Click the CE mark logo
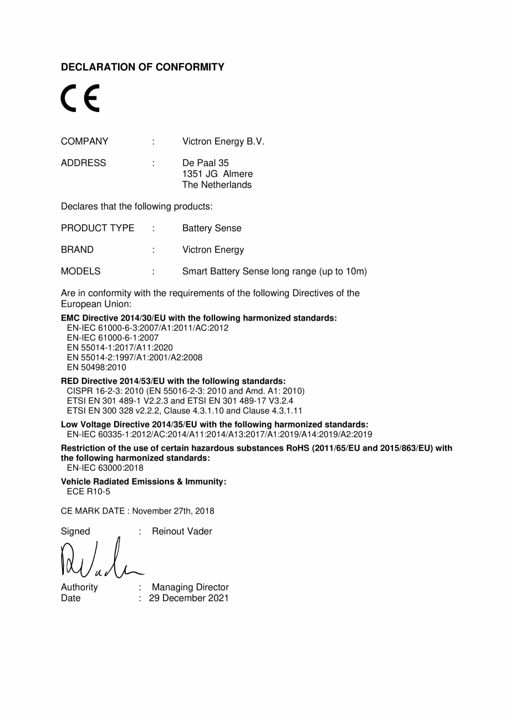(80, 99)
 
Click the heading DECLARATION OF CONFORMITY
(142, 67)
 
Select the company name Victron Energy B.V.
(223, 141)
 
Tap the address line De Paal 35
(205, 163)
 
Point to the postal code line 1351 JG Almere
(217, 174)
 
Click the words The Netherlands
(217, 185)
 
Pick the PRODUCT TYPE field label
(98, 228)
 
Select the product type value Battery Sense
(212, 228)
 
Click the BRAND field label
(77, 250)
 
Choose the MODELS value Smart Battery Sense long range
(274, 271)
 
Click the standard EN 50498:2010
(96, 367)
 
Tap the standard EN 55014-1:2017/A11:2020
(120, 347)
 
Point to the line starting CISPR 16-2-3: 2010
(185, 391)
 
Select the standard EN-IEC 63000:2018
(105, 468)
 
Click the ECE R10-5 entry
(88, 491)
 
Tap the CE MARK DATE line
(137, 511)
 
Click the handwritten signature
(100, 557)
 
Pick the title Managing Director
(190, 587)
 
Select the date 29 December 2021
(188, 598)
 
